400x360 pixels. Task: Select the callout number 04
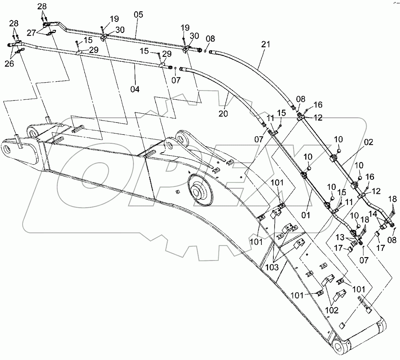[135, 89]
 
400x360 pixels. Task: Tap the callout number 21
[266, 44]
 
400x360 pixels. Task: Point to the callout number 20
[223, 113]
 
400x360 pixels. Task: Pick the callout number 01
[305, 215]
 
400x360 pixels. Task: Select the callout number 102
[332, 310]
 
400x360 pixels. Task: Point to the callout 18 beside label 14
[393, 199]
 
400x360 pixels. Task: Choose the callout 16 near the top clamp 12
[318, 105]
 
